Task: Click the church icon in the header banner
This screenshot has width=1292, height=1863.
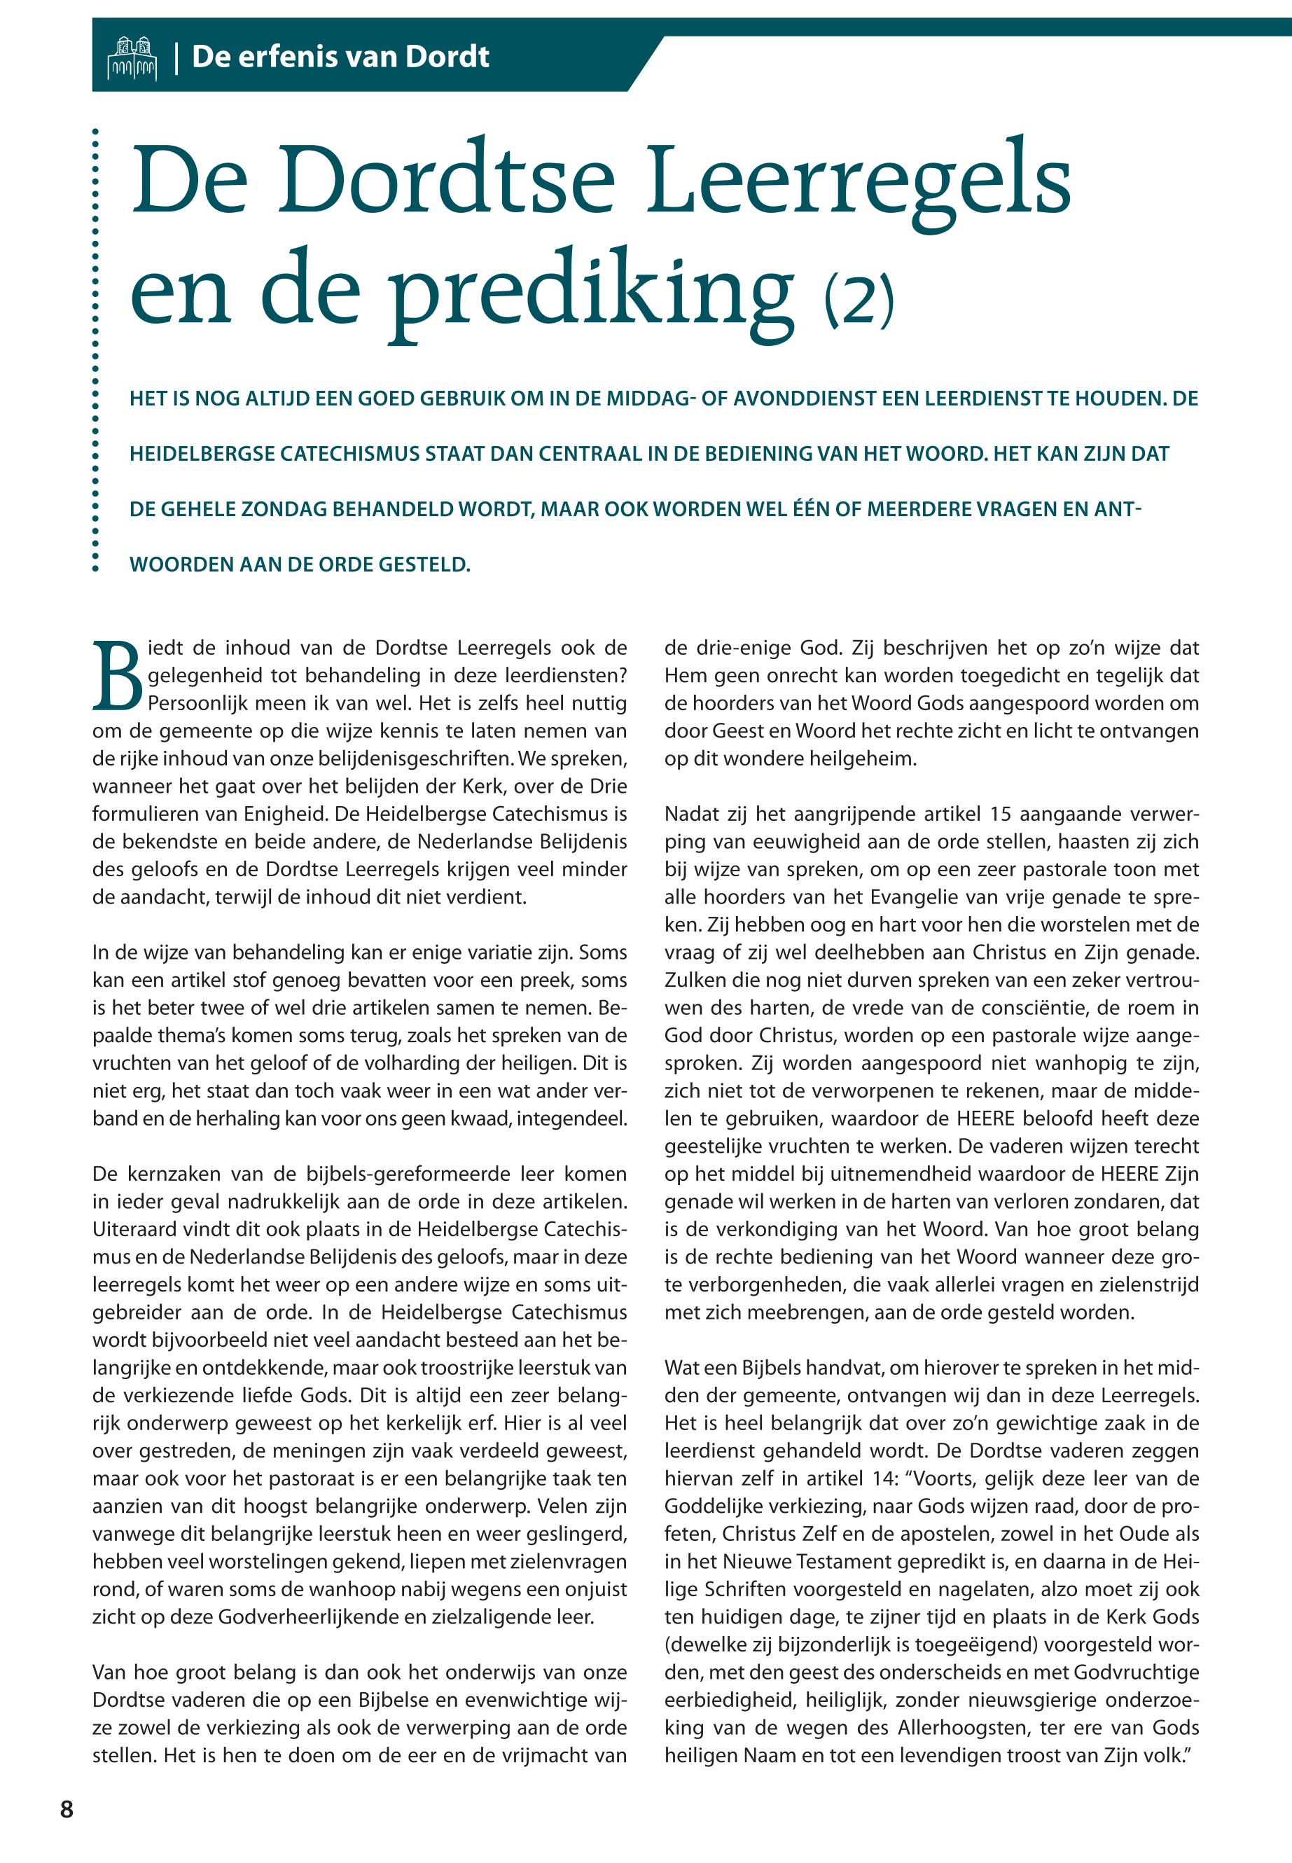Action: [x=132, y=57]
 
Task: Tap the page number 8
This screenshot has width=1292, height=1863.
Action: [x=67, y=1809]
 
